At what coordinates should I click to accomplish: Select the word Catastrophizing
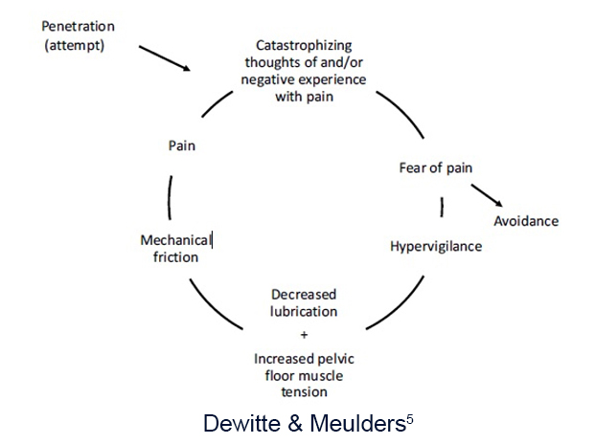303,45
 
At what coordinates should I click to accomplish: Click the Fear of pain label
435,168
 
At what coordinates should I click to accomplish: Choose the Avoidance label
525,221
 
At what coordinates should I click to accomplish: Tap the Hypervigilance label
436,246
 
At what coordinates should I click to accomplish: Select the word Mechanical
175,239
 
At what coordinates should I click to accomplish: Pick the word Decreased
304,294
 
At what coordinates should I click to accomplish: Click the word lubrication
304,311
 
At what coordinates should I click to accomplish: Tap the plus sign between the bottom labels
304,335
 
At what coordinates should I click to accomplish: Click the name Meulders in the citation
355,422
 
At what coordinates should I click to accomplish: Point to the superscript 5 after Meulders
410,415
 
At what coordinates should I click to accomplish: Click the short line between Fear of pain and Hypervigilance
441,207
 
